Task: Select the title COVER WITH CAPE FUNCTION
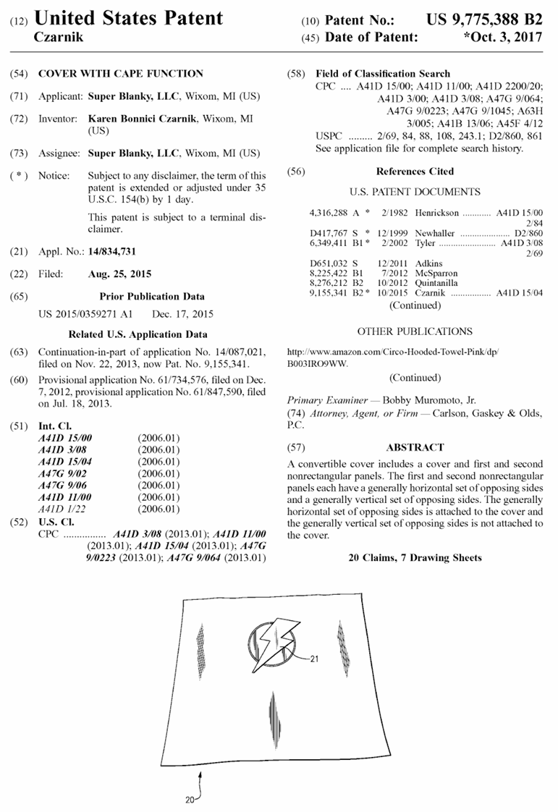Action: [120, 73]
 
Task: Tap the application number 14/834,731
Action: [111, 251]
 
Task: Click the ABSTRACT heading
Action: [415, 447]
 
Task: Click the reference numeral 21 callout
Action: [314, 659]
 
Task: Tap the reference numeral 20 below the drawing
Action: [188, 800]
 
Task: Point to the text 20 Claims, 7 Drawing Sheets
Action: [415, 558]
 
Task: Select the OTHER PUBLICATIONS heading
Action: [415, 331]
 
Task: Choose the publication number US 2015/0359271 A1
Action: [85, 315]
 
